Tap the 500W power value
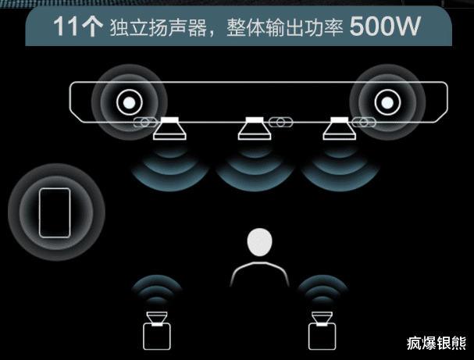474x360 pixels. [x=385, y=27]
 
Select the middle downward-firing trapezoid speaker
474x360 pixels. [x=253, y=128]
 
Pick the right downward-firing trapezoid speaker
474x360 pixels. [x=339, y=128]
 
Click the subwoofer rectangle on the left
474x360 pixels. [x=55, y=211]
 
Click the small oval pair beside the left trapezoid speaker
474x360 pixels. [x=145, y=122]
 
